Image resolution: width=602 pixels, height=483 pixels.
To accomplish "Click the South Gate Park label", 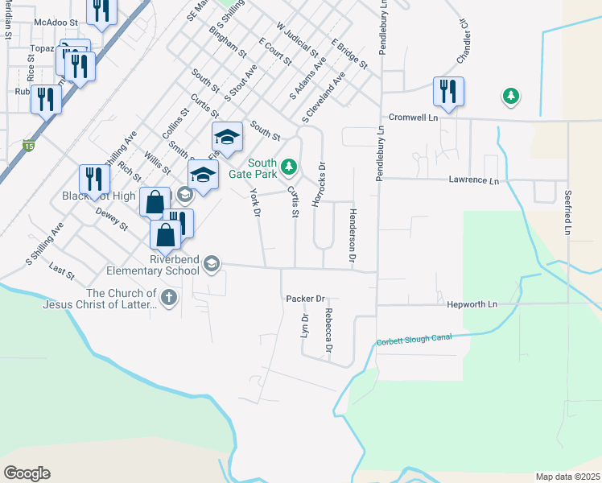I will click(x=262, y=168).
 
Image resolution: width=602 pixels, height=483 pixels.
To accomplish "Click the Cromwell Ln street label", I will click(x=413, y=117).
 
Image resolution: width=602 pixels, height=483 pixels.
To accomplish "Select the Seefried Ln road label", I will click(x=567, y=213).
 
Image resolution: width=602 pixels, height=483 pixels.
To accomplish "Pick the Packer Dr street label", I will click(x=304, y=298).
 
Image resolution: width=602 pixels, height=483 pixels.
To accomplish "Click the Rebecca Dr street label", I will click(x=329, y=332).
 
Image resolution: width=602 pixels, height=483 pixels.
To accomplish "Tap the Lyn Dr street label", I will click(x=305, y=325).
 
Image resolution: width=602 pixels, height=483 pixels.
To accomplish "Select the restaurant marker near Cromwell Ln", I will click(x=448, y=91).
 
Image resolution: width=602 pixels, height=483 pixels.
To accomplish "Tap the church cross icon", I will click(x=168, y=299).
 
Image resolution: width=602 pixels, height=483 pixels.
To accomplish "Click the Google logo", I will click(x=27, y=473).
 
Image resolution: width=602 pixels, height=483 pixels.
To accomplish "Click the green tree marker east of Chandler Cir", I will click(x=510, y=97).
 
